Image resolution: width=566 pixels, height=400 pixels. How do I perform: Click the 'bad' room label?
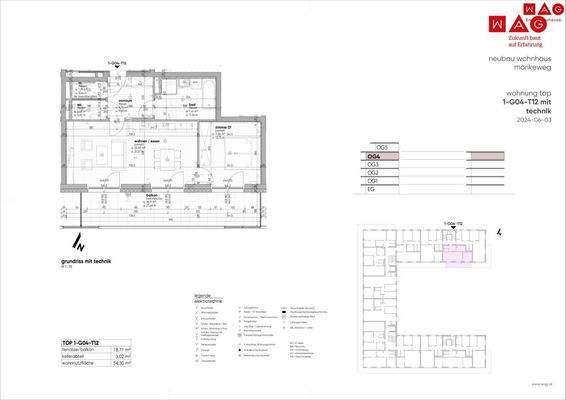click(x=191, y=104)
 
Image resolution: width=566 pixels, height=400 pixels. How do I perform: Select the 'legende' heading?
click(x=203, y=295)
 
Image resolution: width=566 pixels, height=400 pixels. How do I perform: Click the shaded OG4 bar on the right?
click(x=487, y=157)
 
